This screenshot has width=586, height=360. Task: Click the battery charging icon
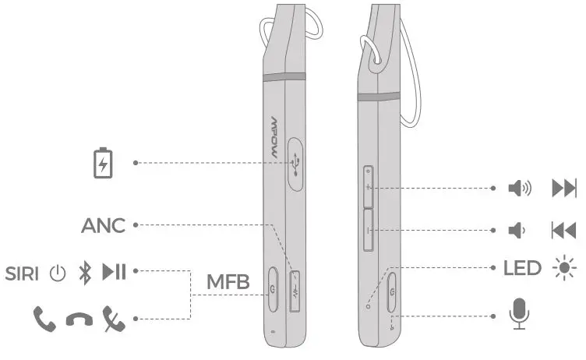click(x=102, y=162)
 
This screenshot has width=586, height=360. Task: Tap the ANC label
click(x=103, y=226)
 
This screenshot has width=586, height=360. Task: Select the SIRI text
click(x=23, y=273)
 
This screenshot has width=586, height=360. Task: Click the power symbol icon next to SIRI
click(x=56, y=273)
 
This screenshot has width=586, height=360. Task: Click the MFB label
click(x=228, y=281)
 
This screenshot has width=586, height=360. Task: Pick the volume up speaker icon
click(x=519, y=188)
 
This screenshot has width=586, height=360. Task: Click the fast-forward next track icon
click(x=563, y=188)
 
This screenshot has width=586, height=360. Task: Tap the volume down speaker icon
click(x=516, y=230)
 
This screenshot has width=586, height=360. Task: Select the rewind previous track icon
click(x=563, y=230)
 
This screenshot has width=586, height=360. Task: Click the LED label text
click(x=522, y=269)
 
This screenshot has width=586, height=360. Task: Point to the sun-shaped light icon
click(x=564, y=269)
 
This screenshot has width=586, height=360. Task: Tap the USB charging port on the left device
click(x=297, y=163)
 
